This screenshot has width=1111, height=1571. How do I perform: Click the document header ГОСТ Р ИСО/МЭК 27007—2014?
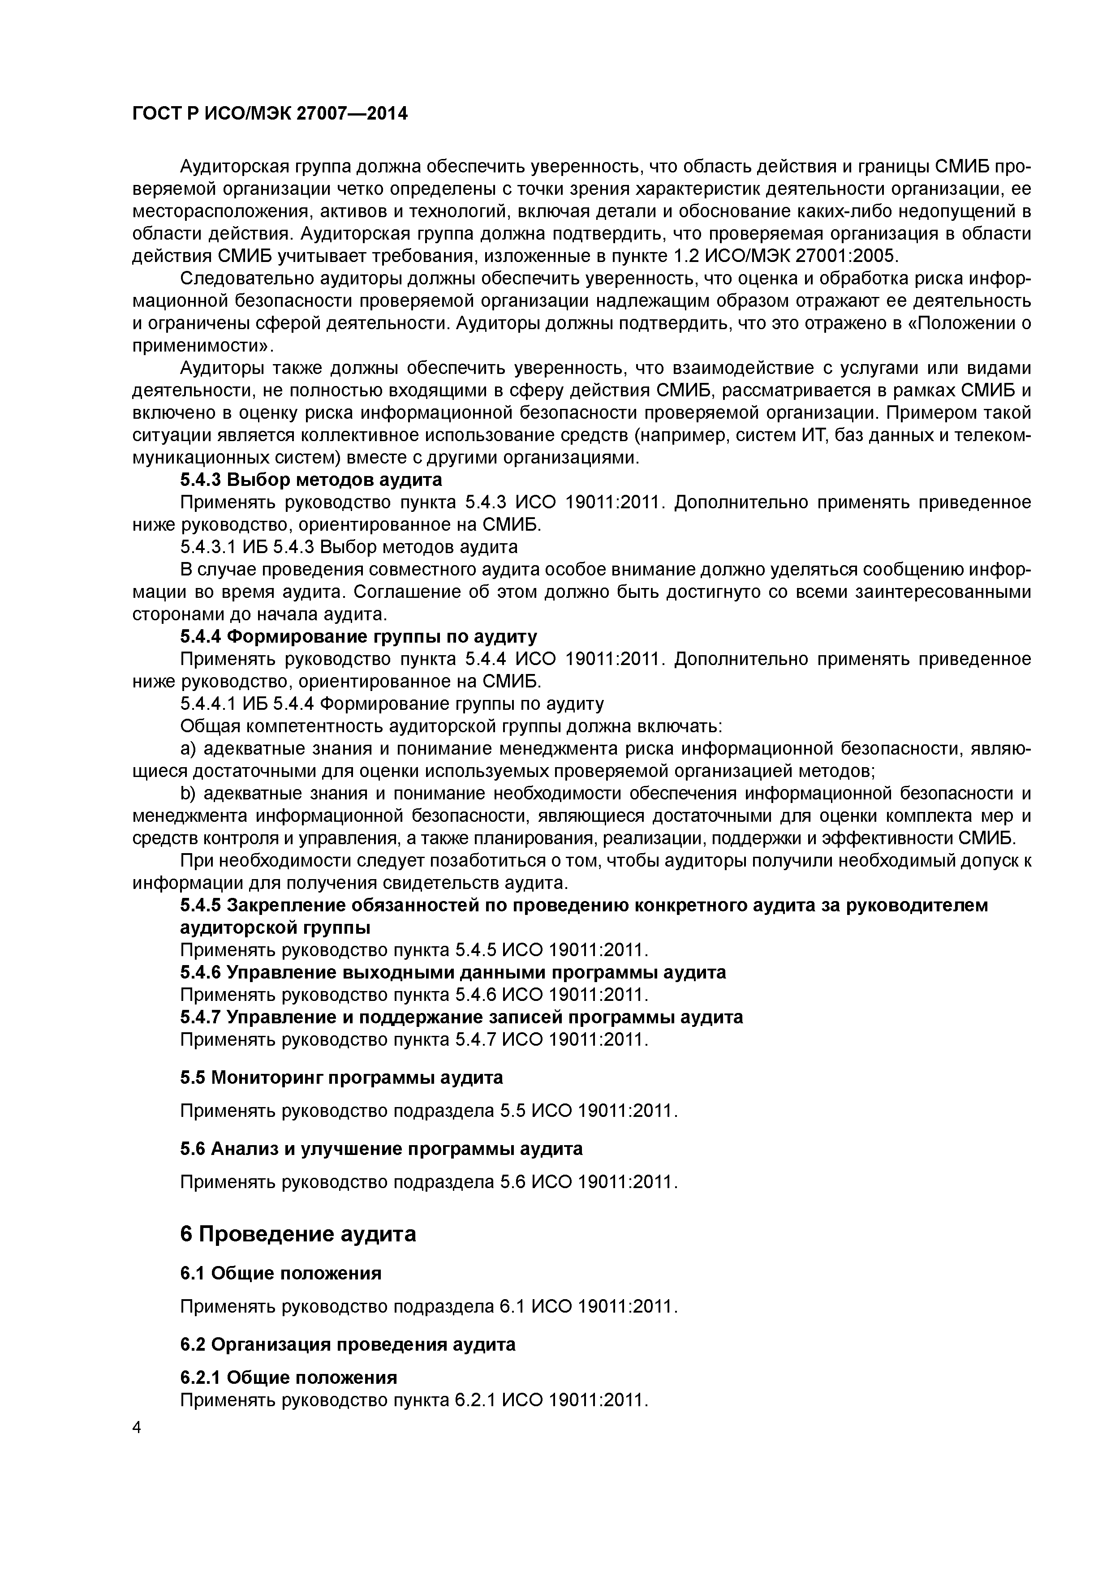tap(269, 113)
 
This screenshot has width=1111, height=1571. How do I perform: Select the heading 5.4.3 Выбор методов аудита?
tap(311, 479)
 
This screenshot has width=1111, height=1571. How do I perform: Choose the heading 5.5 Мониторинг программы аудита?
tap(341, 1077)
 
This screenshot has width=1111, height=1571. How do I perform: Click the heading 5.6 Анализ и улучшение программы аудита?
tap(381, 1148)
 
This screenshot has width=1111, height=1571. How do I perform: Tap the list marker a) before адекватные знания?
tap(188, 748)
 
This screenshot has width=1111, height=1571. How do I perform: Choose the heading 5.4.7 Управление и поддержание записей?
tap(461, 1017)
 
